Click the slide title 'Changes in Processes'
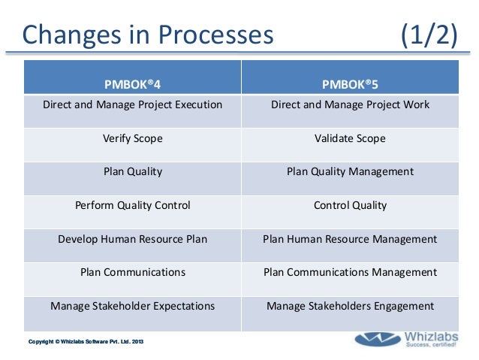click(146, 35)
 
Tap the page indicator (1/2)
click(429, 35)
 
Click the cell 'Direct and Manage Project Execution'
click(132, 104)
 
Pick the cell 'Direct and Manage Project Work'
click(350, 104)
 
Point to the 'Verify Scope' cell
click(132, 138)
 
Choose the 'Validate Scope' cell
click(350, 138)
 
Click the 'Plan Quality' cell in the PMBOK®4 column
click(132, 171)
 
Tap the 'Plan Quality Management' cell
click(350, 171)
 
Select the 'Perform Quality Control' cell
click(132, 205)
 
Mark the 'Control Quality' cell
click(350, 205)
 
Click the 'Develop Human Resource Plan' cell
click(132, 239)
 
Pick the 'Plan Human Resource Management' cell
click(350, 239)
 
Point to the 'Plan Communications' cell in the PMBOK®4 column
click(132, 272)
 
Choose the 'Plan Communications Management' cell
click(350, 272)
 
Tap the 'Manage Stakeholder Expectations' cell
click(132, 306)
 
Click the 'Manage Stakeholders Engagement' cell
click(350, 306)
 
